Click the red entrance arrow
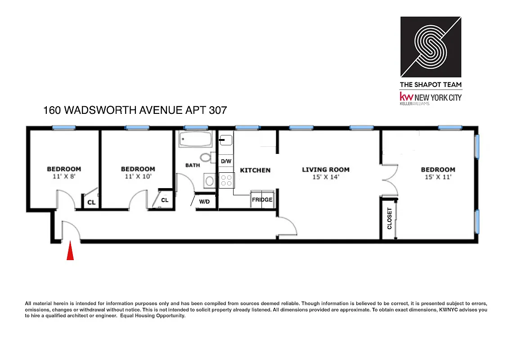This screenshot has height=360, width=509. pos(70,252)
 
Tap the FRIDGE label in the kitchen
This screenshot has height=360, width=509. pos(262,200)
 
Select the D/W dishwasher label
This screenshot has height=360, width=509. pos(225,161)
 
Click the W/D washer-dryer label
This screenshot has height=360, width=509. pos(204,202)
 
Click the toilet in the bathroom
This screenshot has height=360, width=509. pos(207,157)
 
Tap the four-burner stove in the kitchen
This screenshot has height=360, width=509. pos(226,180)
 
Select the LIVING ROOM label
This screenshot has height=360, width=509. pos(325,170)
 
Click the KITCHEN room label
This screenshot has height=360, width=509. pos(255,170)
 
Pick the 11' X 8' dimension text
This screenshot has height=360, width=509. pos(64,176)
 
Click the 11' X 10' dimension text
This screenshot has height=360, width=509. pos(138,176)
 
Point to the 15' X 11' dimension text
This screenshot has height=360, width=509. pos(438,177)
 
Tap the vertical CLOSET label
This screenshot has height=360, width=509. pos(390,218)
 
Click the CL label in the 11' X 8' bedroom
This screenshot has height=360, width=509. pos(91,202)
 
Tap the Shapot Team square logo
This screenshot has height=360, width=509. pos(431,47)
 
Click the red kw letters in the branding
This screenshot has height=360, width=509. pos(406,97)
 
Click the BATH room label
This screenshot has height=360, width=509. pos(193,165)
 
